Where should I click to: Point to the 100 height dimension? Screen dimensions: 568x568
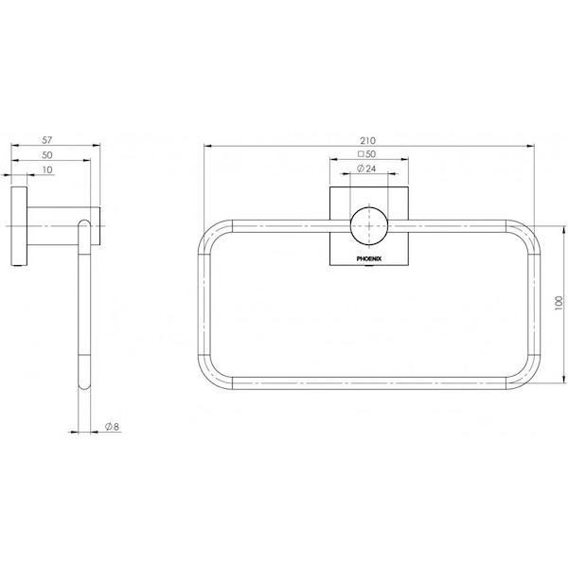[x=559, y=301]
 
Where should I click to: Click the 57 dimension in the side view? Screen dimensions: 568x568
[x=54, y=138]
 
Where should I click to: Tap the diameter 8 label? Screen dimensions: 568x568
[x=111, y=427]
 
